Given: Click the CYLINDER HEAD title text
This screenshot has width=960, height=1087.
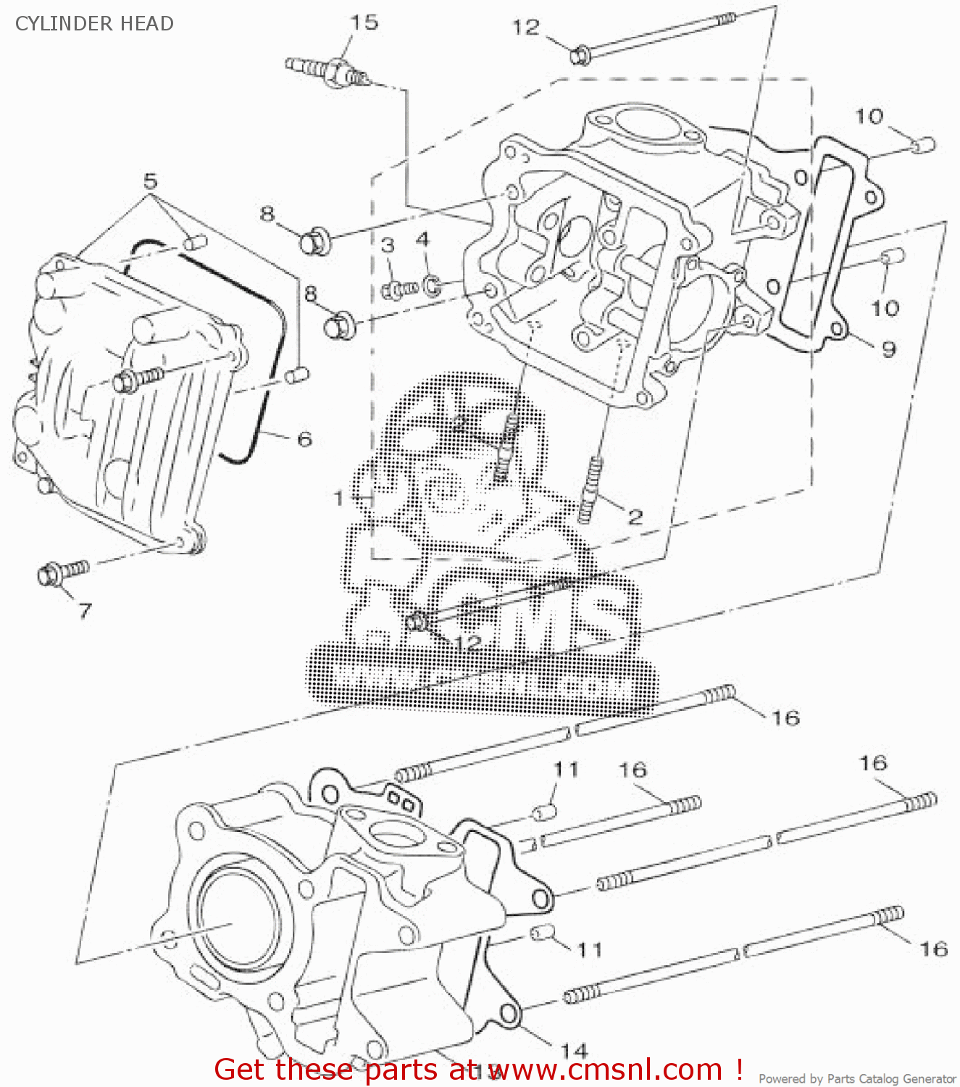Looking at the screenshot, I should click(94, 23).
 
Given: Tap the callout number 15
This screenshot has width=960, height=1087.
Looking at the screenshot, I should click(364, 22).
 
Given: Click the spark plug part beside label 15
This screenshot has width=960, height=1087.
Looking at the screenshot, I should click(330, 70).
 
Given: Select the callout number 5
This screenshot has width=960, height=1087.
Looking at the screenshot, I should click(150, 180).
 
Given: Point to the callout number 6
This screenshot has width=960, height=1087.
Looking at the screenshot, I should click(305, 439).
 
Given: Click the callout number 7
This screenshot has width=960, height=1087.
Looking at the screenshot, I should click(85, 610).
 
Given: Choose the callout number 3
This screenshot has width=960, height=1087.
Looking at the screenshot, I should click(388, 245).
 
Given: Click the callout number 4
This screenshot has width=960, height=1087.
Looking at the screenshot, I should click(422, 239).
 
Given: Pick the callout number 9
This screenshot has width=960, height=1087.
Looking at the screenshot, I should click(888, 349).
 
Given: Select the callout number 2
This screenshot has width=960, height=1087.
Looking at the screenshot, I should click(635, 517).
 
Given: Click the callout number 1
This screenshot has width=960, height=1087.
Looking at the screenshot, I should click(338, 498).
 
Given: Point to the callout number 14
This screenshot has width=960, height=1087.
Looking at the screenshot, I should click(574, 1050).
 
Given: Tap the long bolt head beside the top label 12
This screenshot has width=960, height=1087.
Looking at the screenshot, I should click(580, 54).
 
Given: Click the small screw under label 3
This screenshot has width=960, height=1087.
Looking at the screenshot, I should click(399, 290).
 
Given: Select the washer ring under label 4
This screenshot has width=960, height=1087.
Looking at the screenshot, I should click(432, 285).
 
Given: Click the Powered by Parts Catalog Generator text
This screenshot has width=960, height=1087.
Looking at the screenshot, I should click(857, 1079).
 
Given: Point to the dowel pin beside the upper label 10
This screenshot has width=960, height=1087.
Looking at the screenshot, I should click(924, 146).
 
